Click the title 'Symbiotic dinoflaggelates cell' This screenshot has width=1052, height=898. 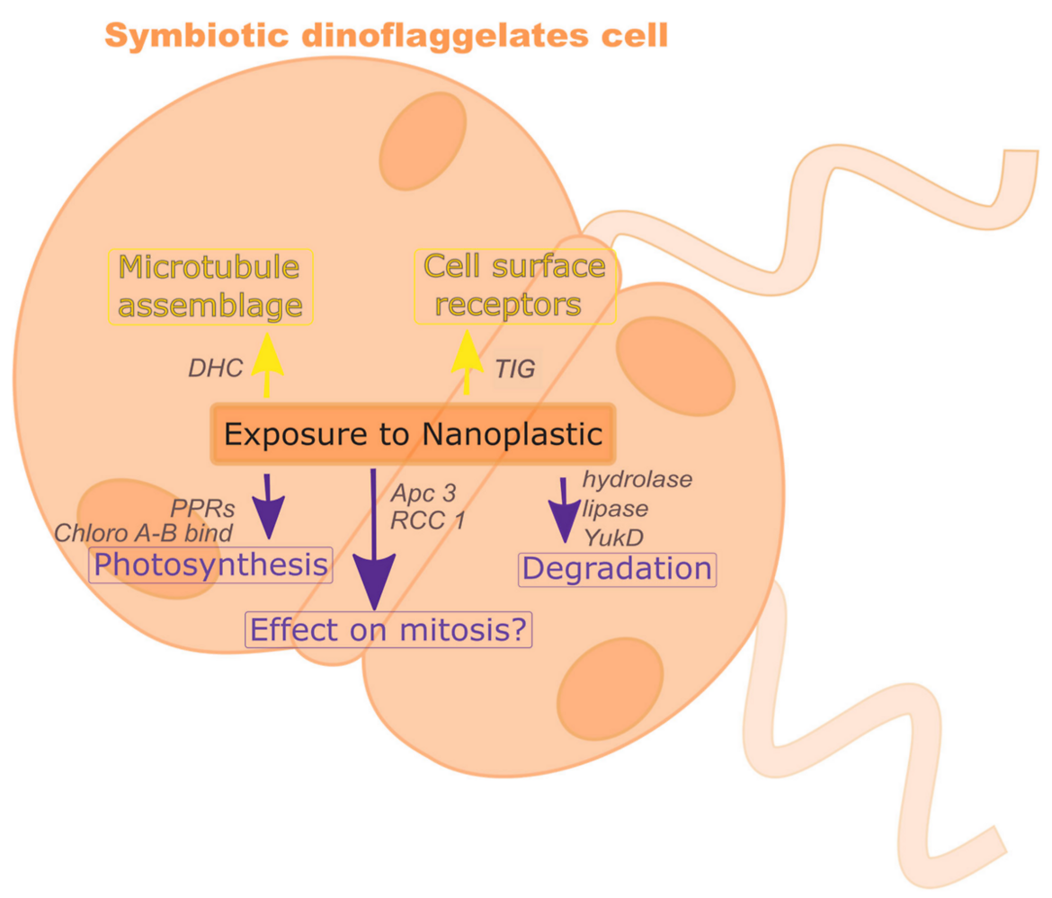click(x=387, y=35)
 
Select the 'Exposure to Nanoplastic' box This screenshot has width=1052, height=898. click(x=413, y=434)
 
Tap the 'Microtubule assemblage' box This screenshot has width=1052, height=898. click(x=210, y=287)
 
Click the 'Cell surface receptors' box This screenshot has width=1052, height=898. click(x=515, y=287)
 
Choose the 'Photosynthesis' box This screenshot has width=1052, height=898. click(x=210, y=565)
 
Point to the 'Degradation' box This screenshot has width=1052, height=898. click(x=618, y=569)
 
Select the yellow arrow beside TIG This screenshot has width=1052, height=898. click(x=466, y=364)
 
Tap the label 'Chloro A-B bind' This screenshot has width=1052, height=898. click(x=144, y=532)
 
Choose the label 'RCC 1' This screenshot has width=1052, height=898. click(x=427, y=520)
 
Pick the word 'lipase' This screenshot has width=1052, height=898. click(x=616, y=509)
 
